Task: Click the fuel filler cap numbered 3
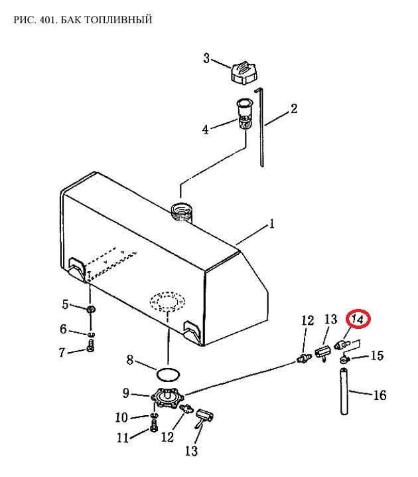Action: (x=244, y=72)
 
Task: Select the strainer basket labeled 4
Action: (x=245, y=114)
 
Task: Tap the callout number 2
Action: (x=294, y=108)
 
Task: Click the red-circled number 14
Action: (x=358, y=320)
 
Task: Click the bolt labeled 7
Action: (x=90, y=346)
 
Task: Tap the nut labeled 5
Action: (x=91, y=310)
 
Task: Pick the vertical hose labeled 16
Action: (x=344, y=391)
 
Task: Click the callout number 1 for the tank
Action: (x=271, y=224)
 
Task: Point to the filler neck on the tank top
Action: (x=181, y=213)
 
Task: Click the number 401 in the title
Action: (x=48, y=19)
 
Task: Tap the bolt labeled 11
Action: (x=154, y=425)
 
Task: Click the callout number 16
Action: (x=380, y=395)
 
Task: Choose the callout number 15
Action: (x=378, y=355)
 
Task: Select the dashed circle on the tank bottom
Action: (x=167, y=301)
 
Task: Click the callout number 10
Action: (x=121, y=417)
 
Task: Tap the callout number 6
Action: (x=63, y=329)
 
